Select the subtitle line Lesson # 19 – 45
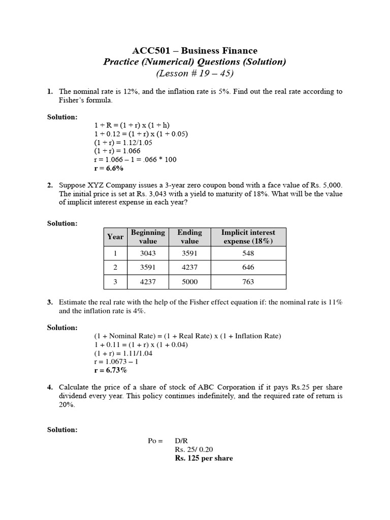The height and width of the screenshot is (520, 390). point(194,74)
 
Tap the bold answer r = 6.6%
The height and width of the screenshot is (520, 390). point(109,168)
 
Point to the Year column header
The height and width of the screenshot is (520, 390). point(115,237)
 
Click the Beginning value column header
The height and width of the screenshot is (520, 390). point(148,237)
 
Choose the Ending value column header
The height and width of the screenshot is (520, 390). point(189,237)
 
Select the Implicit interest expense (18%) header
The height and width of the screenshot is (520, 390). point(248,237)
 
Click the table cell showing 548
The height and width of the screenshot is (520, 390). point(248,253)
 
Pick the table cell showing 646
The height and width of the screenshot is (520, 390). point(248,267)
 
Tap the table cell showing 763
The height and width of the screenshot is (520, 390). point(248,282)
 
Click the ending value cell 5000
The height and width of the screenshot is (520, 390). point(189,282)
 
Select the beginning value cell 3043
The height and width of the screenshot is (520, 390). point(148,253)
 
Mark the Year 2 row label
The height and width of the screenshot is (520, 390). point(115,267)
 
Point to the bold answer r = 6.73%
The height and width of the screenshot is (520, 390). point(111,370)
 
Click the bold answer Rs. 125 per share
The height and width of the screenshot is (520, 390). point(204,458)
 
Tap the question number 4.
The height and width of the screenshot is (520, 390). point(50,387)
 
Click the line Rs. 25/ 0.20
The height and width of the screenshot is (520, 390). point(194,449)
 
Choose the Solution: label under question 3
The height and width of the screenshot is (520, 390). point(62,328)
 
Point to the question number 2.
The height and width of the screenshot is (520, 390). point(50,185)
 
